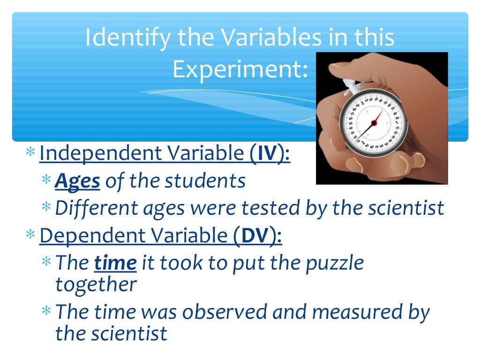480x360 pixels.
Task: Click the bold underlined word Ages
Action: point(77,180)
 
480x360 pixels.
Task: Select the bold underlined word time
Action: point(115,263)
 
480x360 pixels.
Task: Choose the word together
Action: point(96,284)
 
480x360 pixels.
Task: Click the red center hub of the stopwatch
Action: point(374,123)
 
